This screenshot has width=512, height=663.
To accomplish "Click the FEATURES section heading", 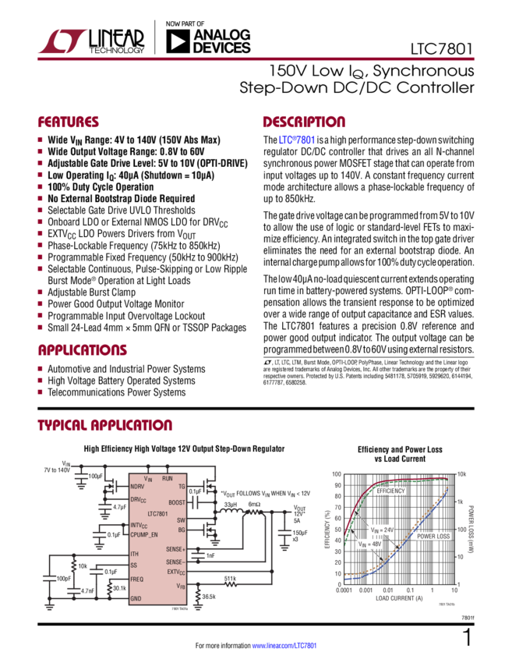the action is click(x=69, y=122).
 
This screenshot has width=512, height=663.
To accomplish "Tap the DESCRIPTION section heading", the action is click(x=304, y=122).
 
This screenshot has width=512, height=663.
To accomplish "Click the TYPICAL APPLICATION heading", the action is click(x=104, y=425).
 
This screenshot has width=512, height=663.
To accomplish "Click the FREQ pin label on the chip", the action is click(x=137, y=579).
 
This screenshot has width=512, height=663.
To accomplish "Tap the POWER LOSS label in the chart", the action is click(x=433, y=537).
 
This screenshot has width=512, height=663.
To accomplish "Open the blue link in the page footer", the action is click(x=284, y=646).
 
